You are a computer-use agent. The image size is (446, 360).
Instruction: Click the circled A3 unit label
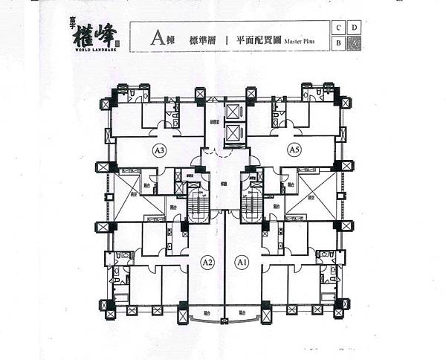point(158,150)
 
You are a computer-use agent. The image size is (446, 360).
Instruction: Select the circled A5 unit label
point(294,150)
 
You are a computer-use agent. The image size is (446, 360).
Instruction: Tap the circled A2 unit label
point(207,262)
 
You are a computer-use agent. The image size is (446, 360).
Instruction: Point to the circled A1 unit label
point(241,262)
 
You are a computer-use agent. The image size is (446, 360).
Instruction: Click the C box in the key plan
point(339,28)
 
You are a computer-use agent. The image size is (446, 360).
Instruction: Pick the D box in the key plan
point(355,28)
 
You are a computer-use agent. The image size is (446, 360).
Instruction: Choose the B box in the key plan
point(339,43)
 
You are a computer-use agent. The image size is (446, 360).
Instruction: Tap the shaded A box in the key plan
point(355,43)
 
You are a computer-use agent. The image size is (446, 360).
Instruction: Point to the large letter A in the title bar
point(156,36)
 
